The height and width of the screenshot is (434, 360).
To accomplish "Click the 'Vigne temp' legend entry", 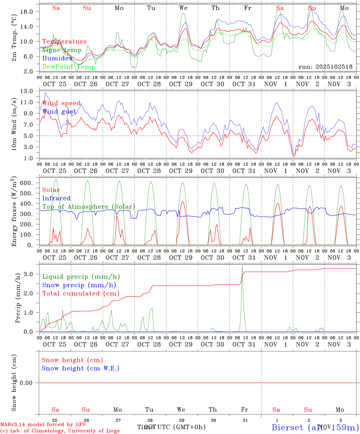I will coord(62,50).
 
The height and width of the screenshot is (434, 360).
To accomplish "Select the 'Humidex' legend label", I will coord(57,58).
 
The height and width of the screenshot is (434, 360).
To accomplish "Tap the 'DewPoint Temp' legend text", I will coord(69,67).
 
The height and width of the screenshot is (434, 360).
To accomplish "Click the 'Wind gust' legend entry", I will coord(59,112).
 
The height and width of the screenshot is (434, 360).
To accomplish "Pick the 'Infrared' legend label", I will coord(56,198).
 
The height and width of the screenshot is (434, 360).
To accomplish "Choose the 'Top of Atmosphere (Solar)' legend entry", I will coord(89,207).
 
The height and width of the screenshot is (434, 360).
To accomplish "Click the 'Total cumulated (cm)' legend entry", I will coord(81,293).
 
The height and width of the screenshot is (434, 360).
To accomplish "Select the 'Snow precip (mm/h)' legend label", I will coord(79,285).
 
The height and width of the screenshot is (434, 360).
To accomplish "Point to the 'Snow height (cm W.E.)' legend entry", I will coord(81,368).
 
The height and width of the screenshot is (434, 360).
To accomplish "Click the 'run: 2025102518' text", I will coord(325,67).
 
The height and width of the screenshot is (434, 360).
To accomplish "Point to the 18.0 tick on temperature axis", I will coord(30,12).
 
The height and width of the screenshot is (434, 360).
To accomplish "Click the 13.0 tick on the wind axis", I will coord(30,91).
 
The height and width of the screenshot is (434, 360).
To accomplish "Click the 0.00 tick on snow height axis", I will coord(28,383).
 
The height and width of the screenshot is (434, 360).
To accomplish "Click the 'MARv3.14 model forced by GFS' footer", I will coord(43,425).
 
